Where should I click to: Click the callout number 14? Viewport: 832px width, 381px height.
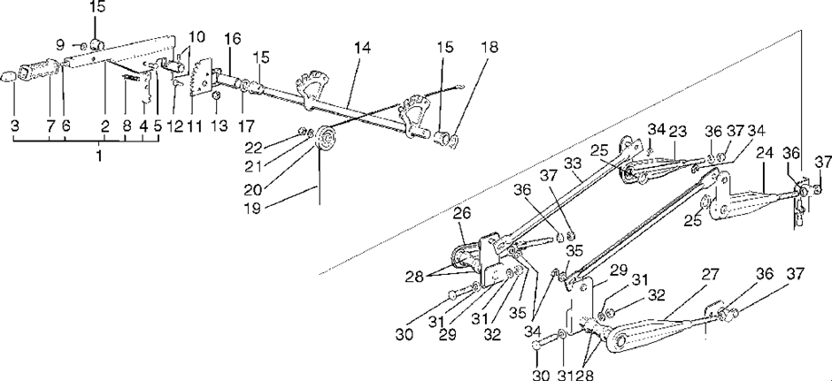(x=362, y=48)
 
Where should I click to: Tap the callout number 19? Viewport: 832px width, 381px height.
(x=253, y=209)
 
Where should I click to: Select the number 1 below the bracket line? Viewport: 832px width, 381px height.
(x=99, y=156)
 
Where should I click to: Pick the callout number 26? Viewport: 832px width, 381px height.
(x=462, y=215)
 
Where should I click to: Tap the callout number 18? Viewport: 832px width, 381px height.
(x=490, y=47)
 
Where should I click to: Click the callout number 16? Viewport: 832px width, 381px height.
(x=233, y=39)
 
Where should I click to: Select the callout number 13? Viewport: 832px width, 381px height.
(x=219, y=126)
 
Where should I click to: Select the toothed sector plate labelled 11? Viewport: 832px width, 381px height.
(x=201, y=80)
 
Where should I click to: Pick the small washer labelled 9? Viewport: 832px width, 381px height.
(x=86, y=46)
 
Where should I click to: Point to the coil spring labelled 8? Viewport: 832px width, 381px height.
(x=132, y=78)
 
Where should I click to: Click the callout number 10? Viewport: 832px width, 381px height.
(x=196, y=37)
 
